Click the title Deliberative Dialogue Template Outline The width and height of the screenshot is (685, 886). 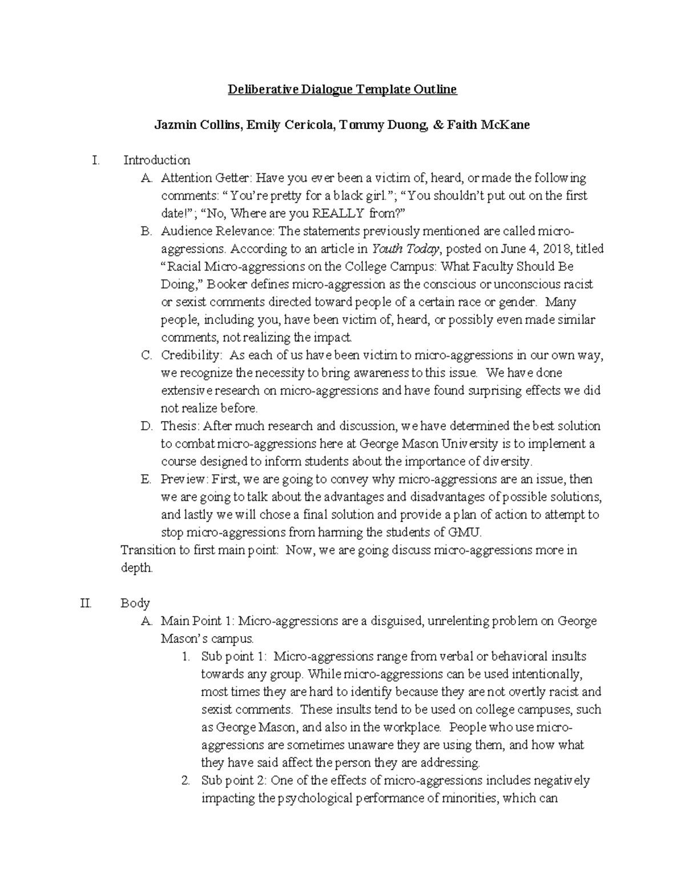342,90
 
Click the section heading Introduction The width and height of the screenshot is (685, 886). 157,160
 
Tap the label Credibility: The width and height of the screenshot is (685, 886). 191,355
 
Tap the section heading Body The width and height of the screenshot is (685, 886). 135,603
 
